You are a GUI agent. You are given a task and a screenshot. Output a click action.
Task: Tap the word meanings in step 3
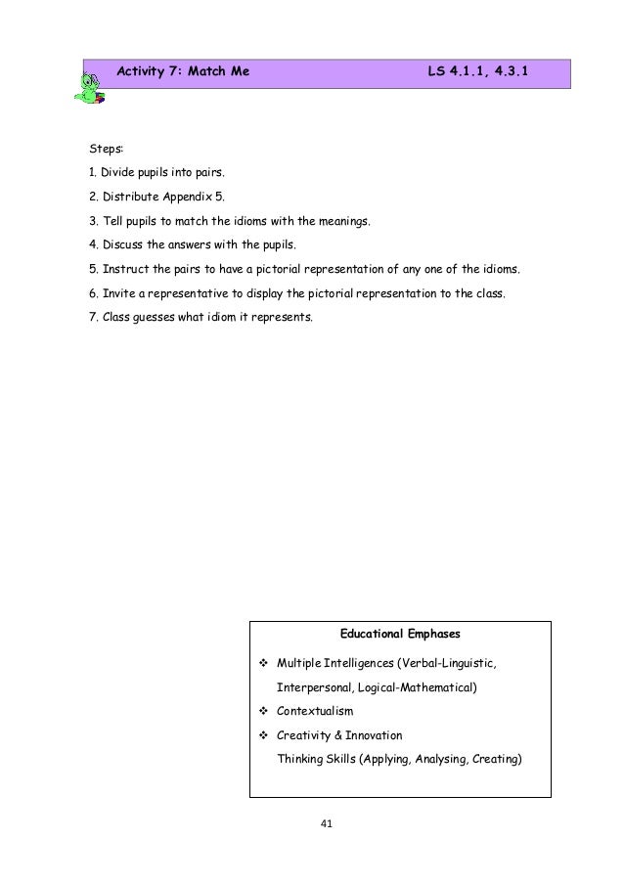[x=342, y=223]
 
